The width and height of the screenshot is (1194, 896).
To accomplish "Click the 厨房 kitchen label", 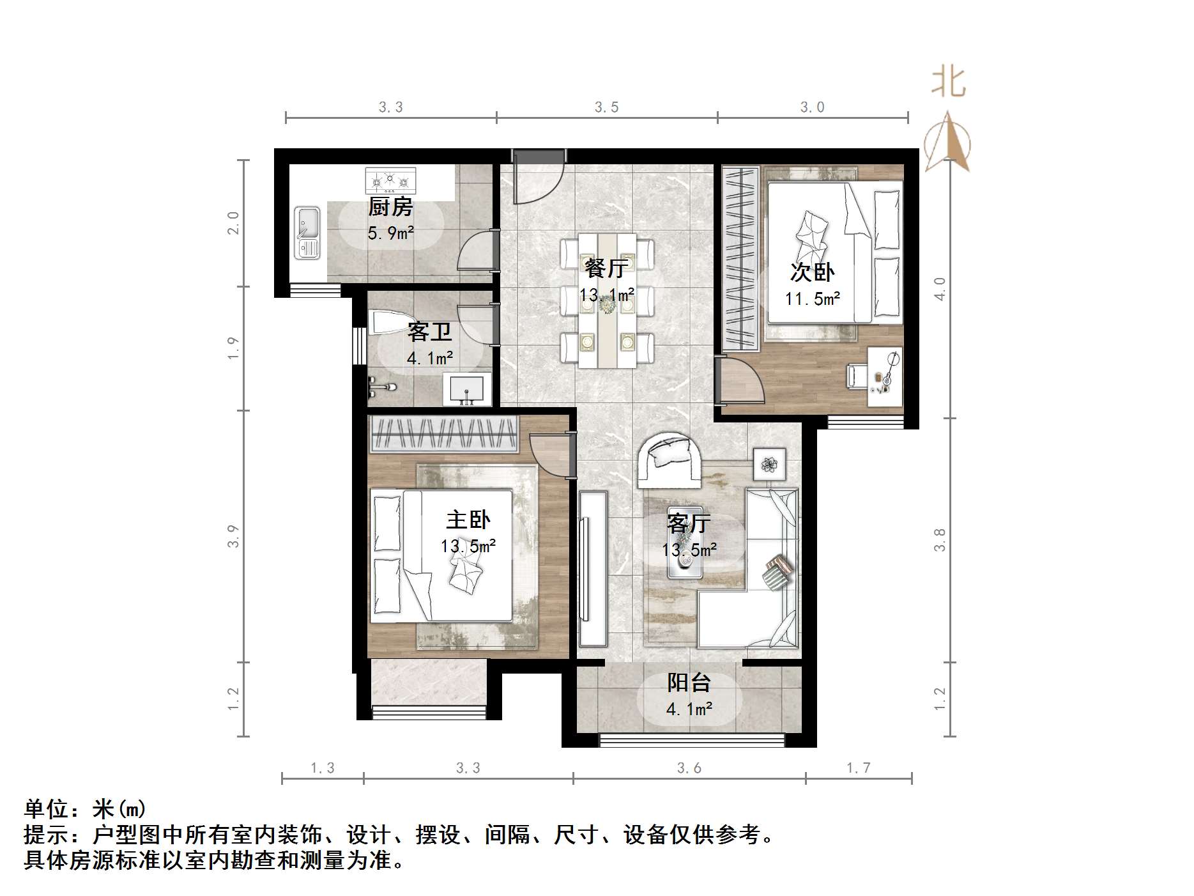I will click(390, 207).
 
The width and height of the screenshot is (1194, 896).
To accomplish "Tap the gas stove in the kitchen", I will click(390, 181).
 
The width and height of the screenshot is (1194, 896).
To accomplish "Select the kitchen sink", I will click(307, 233).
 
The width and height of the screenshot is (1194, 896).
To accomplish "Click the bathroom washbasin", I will click(467, 389).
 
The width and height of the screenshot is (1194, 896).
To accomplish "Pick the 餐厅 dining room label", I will click(606, 268).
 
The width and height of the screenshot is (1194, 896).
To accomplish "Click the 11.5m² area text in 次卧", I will click(812, 298).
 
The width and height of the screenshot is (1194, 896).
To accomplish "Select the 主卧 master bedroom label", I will click(468, 520).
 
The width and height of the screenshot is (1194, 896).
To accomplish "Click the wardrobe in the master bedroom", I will click(443, 433).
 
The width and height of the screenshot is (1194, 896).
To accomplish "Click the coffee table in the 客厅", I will click(685, 561).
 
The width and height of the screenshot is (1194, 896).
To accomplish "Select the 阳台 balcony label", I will click(689, 683).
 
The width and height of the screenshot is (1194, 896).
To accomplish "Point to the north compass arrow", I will click(948, 143).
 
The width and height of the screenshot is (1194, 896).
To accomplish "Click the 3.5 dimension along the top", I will click(606, 107).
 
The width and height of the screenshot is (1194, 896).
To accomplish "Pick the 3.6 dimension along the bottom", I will click(689, 768).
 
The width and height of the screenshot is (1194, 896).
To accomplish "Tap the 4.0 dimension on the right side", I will click(940, 289).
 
